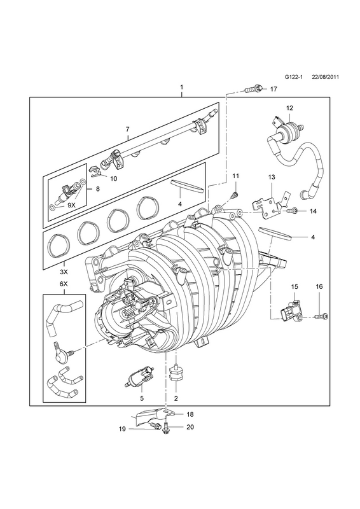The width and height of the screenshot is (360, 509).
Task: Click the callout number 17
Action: point(273,89)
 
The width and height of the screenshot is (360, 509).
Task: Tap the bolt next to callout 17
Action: point(254,88)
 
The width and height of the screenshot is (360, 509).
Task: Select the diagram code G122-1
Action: point(293,77)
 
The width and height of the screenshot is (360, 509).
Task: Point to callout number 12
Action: point(289,108)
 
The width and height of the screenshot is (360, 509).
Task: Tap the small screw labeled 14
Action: point(292,211)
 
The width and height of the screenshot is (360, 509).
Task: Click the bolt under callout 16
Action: point(321,316)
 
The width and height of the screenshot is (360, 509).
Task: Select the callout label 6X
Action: point(64,283)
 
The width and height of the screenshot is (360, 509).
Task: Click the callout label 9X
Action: point(71,205)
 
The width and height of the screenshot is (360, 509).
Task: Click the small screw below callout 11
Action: point(233,196)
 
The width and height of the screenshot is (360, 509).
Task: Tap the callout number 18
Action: point(190,414)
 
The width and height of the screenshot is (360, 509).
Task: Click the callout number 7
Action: point(128,129)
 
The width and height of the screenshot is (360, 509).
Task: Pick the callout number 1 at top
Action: point(181,87)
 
